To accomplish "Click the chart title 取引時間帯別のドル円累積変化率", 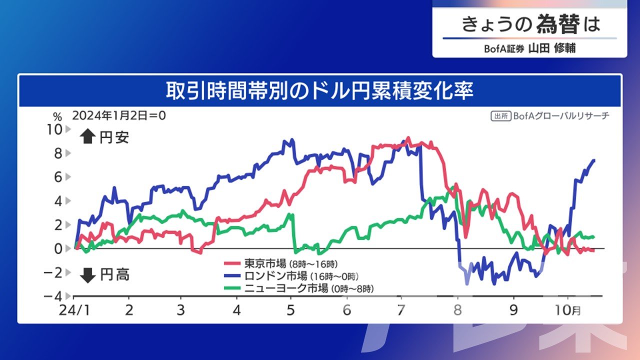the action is tap(319, 91).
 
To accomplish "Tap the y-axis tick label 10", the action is tap(54, 129).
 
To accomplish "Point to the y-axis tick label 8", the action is tap(58, 153).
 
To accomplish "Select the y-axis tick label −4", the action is tap(53, 296).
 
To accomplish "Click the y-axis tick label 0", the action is tap(58, 249).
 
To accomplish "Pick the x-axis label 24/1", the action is tap(74, 310).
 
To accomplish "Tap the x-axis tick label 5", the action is tap(290, 310).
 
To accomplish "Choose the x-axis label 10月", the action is tap(567, 310).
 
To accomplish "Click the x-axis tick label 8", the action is tap(457, 310).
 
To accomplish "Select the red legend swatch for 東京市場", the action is tap(232, 263).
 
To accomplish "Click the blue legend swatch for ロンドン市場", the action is tap(232, 275).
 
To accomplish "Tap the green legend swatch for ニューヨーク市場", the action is tap(232, 288).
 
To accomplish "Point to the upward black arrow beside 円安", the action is tap(87, 136).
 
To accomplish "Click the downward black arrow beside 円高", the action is tap(87, 275).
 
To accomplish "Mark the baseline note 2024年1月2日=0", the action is tap(119, 115).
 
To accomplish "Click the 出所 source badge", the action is tap(501, 116).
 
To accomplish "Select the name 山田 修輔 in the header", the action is tap(551, 48).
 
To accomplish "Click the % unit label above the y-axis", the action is tap(57, 116).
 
